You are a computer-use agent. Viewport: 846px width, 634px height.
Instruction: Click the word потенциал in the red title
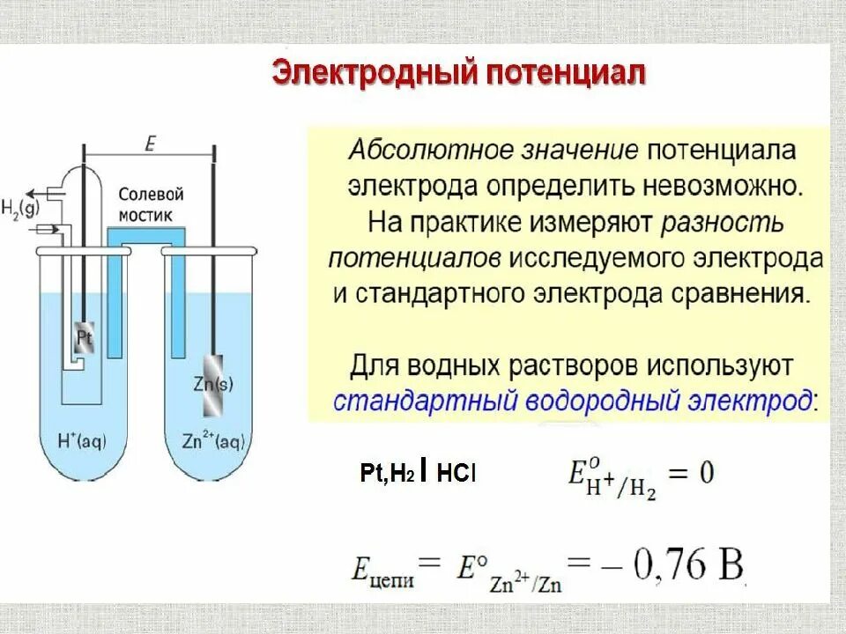563,74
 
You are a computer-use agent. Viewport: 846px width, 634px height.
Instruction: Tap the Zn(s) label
210,384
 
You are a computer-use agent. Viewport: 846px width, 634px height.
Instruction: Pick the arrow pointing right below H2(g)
48,229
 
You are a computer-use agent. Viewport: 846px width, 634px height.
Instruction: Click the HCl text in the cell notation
456,473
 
